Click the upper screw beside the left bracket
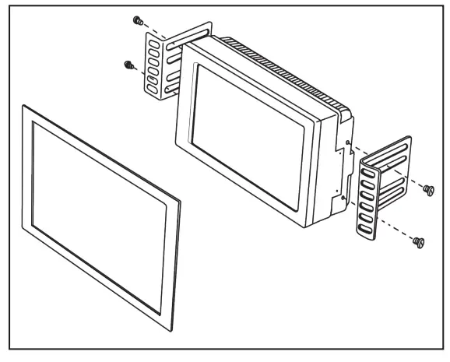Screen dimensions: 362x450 click(x=137, y=19)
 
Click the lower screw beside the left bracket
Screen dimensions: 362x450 click(x=127, y=65)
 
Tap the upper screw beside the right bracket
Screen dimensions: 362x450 click(x=427, y=188)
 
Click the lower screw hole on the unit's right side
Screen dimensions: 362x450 click(x=343, y=196)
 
